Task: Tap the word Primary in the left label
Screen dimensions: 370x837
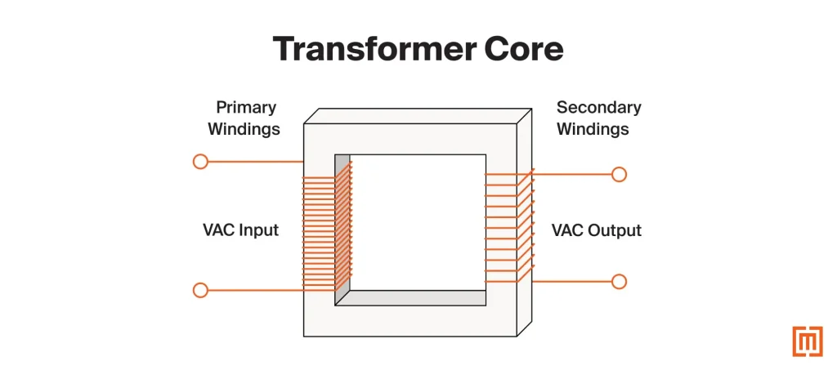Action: click(246, 107)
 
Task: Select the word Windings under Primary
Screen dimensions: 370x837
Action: click(244, 129)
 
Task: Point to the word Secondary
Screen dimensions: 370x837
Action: click(598, 107)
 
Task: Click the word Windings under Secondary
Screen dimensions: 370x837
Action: click(593, 129)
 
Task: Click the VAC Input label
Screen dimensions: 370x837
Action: click(240, 230)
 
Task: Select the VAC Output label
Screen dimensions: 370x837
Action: click(596, 230)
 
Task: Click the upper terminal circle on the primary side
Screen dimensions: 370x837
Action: click(200, 162)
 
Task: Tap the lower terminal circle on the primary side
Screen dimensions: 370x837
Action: click(200, 290)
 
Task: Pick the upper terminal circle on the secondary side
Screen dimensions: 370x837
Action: click(619, 174)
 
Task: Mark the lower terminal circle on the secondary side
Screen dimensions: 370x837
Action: click(619, 282)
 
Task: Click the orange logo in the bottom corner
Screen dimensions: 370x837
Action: click(807, 341)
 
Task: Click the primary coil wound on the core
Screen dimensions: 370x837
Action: click(327, 229)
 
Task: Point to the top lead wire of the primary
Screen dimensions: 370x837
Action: click(253, 162)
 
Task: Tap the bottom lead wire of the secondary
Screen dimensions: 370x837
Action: click(572, 282)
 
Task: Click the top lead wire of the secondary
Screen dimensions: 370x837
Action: click(572, 174)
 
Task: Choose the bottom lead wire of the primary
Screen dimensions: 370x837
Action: click(253, 290)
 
